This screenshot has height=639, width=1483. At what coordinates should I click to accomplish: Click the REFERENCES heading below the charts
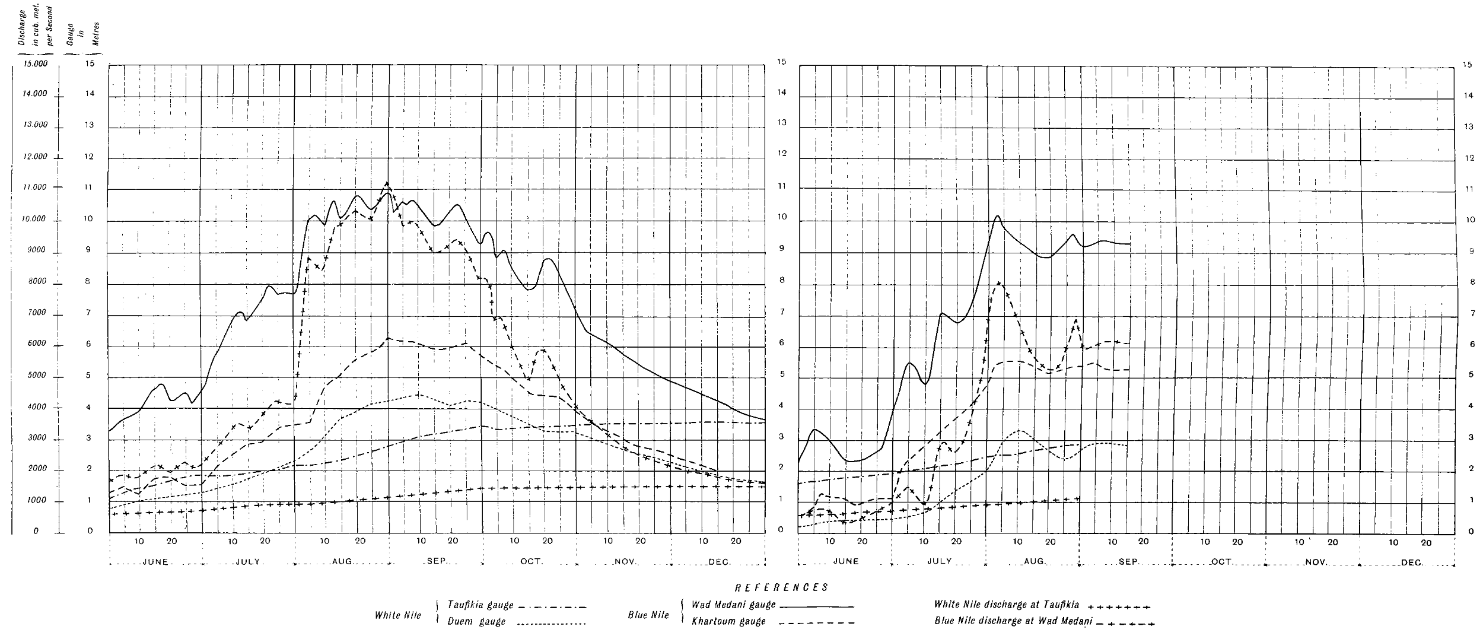(x=781, y=587)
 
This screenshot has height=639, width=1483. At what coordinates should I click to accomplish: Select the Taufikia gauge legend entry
(x=480, y=606)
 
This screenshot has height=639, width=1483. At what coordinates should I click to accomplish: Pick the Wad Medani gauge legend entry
(x=733, y=605)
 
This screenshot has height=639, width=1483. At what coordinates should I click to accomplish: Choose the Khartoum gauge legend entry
(x=728, y=621)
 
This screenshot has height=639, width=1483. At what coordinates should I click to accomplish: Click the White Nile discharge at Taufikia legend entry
(x=1006, y=605)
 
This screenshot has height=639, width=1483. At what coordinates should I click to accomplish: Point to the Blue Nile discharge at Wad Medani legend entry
(x=1013, y=621)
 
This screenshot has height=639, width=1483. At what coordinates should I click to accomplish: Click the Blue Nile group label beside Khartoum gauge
(x=648, y=615)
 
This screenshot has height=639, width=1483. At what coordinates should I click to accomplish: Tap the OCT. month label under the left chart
(x=531, y=561)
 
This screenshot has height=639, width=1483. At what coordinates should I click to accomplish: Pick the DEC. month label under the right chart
(x=1412, y=562)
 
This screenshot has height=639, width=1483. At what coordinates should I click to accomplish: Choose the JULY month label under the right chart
(x=940, y=561)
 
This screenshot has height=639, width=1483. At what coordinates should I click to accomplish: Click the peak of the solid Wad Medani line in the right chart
(x=998, y=216)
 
